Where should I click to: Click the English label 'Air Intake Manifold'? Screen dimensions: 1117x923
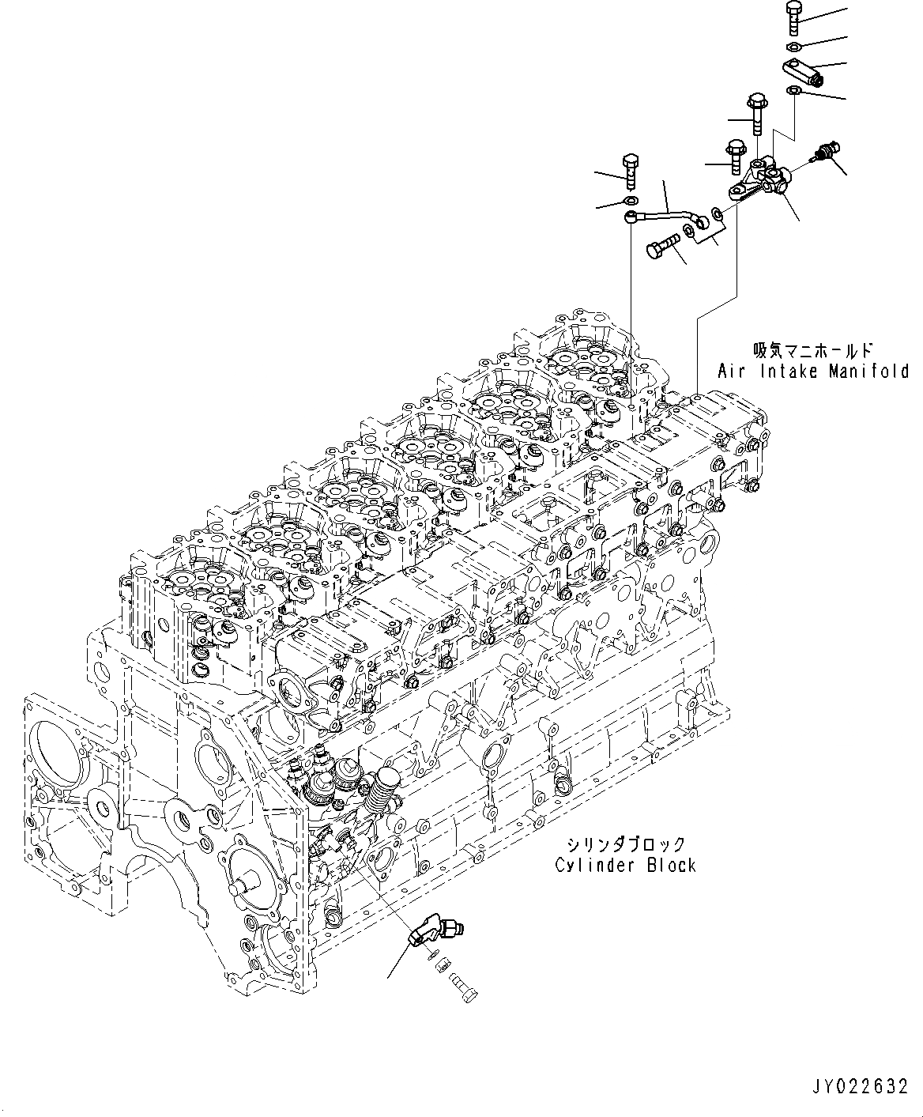(x=813, y=371)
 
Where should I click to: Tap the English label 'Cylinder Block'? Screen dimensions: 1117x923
(x=625, y=865)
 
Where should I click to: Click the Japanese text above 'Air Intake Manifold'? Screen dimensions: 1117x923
(x=812, y=349)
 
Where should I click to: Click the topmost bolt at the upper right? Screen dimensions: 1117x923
(x=795, y=17)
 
